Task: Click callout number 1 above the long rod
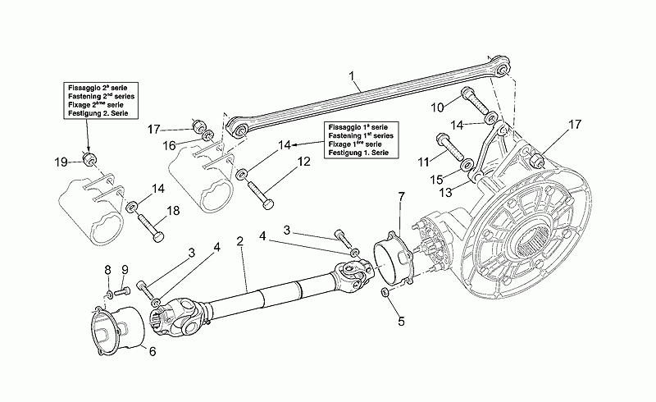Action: click(352, 76)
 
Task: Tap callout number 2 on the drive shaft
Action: click(239, 241)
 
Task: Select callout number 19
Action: click(61, 162)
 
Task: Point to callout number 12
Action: click(304, 162)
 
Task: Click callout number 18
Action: click(173, 210)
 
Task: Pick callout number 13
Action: click(446, 192)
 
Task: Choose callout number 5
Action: click(401, 321)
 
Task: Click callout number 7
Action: click(401, 196)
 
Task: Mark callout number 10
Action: click(437, 107)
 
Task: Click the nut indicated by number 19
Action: click(89, 159)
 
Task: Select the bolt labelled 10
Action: click(475, 99)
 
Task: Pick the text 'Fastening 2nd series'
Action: click(101, 96)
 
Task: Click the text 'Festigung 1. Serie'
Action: click(358, 153)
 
